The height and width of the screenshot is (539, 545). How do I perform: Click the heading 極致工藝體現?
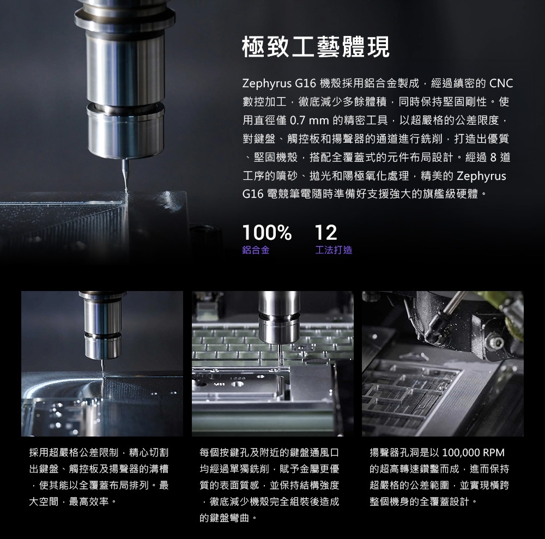tap(316, 46)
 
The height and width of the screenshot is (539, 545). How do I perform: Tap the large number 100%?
tap(267, 233)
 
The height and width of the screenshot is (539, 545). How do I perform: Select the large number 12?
tap(326, 233)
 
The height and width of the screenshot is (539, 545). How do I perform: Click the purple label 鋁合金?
tap(256, 250)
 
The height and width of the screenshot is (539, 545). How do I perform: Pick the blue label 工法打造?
tap(334, 250)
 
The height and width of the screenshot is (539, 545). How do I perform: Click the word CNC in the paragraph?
tap(501, 83)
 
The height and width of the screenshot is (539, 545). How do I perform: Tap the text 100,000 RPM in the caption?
tap(474, 452)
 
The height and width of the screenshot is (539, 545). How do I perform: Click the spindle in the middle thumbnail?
tap(279, 317)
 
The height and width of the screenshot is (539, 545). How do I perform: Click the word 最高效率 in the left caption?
tap(89, 501)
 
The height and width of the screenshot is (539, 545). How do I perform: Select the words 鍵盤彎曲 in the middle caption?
tap(229, 518)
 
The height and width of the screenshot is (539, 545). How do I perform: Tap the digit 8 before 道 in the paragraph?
tap(493, 158)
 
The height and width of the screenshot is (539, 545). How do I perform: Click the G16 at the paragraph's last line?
tap(253, 194)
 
